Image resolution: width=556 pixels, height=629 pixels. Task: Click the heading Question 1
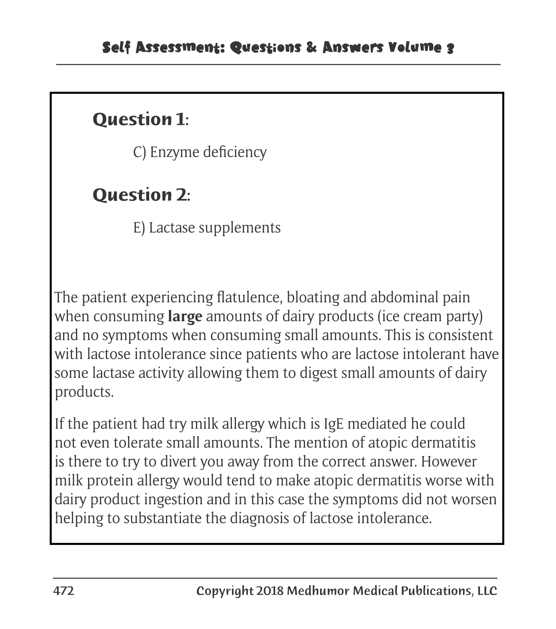tap(140, 119)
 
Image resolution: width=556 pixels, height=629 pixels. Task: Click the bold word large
tap(185, 317)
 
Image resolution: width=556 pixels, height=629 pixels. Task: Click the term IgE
tap(334, 424)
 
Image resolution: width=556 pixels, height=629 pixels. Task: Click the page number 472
tap(63, 591)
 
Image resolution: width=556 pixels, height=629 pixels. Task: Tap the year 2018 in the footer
tap(270, 591)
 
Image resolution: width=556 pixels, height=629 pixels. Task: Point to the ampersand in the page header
tap(311, 48)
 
